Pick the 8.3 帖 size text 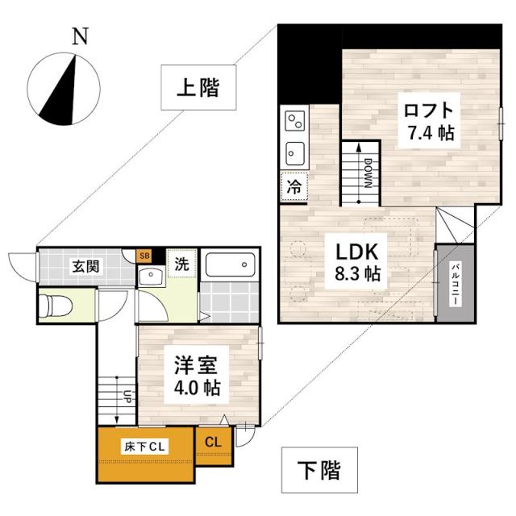click(357, 273)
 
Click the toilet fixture click(59, 306)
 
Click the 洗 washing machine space click(183, 263)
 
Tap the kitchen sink click(294, 152)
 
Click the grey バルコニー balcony click(455, 282)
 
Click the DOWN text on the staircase click(367, 172)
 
